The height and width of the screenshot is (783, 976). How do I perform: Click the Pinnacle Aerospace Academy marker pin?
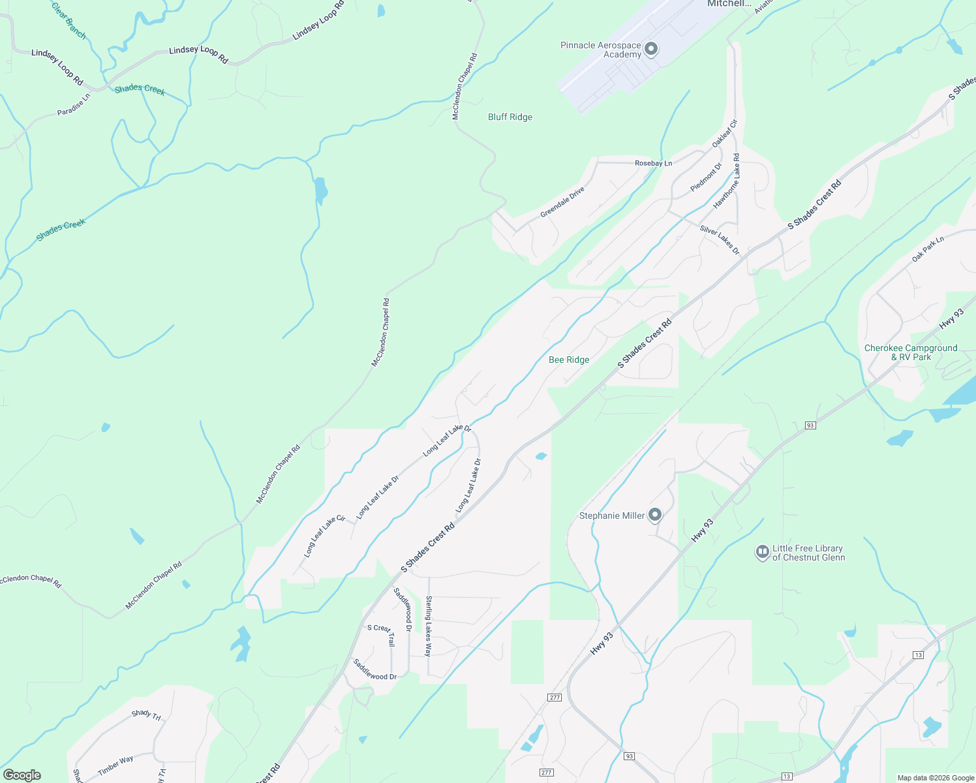pyautogui.click(x=650, y=49)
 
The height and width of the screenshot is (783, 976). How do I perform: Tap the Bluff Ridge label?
pyautogui.click(x=510, y=117)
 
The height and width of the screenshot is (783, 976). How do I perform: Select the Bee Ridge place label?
pyautogui.click(x=569, y=360)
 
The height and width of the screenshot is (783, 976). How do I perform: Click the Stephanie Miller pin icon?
pyautogui.click(x=655, y=515)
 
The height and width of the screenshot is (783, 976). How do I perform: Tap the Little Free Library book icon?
pyautogui.click(x=762, y=552)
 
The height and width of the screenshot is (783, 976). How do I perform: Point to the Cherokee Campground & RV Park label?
pyautogui.click(x=911, y=352)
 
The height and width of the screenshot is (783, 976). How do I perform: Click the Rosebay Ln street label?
pyautogui.click(x=653, y=163)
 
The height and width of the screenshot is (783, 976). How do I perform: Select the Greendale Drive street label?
pyautogui.click(x=562, y=203)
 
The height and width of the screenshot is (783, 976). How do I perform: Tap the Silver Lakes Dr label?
pyautogui.click(x=720, y=239)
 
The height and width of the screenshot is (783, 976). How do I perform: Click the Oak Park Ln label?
pyautogui.click(x=928, y=249)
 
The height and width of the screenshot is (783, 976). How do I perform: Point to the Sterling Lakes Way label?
pyautogui.click(x=429, y=626)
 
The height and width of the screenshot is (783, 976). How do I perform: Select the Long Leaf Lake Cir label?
pyautogui.click(x=324, y=536)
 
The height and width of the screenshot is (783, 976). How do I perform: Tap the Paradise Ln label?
pyautogui.click(x=74, y=104)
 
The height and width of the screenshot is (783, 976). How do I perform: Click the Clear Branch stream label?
pyautogui.click(x=69, y=20)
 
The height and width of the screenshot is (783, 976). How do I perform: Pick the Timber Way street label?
pyautogui.click(x=115, y=765)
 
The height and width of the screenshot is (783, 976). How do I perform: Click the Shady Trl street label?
pyautogui.click(x=146, y=714)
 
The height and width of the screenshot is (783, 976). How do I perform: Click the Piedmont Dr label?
pyautogui.click(x=706, y=177)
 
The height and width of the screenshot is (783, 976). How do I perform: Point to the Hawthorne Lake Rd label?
pyautogui.click(x=727, y=181)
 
